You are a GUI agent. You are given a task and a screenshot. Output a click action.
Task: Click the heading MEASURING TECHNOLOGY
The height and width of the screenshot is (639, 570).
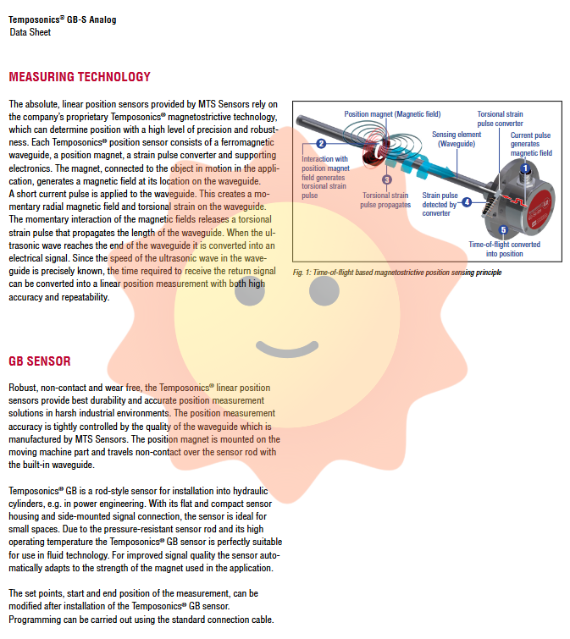(x=80, y=77)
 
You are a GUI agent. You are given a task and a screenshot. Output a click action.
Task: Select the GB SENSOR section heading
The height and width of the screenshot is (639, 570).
(x=40, y=361)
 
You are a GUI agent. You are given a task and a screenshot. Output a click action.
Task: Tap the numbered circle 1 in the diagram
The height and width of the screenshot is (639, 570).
(x=525, y=169)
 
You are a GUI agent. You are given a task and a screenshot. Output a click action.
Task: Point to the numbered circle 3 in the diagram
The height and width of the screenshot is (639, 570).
(x=387, y=179)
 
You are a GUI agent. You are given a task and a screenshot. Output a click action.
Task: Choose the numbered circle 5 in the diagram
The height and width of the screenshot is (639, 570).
(x=504, y=229)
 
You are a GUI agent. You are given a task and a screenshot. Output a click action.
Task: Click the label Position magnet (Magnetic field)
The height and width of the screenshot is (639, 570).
(x=390, y=113)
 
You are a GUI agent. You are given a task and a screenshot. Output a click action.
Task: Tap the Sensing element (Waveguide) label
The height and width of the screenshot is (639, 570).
(x=457, y=139)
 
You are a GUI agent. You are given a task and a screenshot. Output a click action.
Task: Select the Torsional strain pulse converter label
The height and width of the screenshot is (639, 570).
(x=500, y=118)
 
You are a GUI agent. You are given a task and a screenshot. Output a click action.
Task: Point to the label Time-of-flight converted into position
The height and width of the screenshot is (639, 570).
(x=504, y=249)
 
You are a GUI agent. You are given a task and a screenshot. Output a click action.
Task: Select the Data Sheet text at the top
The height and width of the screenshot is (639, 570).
(x=30, y=32)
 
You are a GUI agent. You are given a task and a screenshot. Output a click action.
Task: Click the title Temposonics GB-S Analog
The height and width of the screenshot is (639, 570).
(x=64, y=19)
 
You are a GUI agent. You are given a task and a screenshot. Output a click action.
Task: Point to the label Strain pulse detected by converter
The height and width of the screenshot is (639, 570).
(x=440, y=204)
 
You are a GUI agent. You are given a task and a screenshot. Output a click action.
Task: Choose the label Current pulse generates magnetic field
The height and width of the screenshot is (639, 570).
(x=531, y=144)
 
